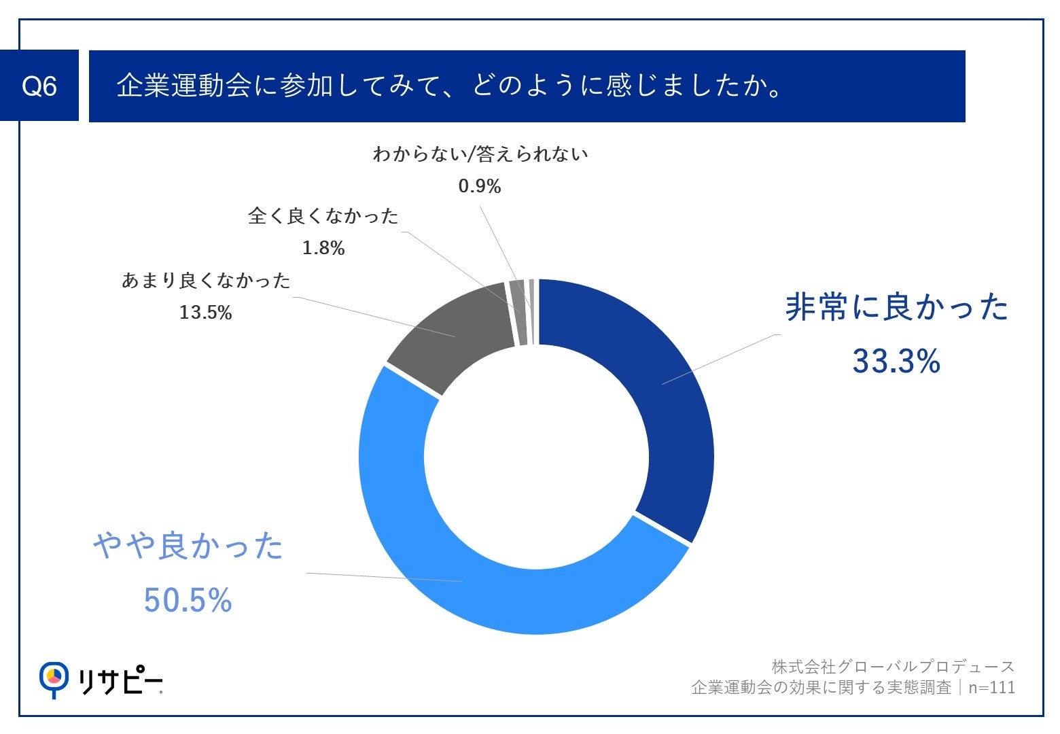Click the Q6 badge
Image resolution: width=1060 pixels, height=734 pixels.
[x=39, y=86]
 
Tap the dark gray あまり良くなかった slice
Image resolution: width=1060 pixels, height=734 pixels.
[x=455, y=333]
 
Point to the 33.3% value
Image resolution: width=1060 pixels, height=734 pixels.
[x=896, y=361]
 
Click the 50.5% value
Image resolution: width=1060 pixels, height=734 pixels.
[x=188, y=600]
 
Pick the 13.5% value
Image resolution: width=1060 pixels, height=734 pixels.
[x=205, y=313]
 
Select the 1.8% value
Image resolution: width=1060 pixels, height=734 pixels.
[x=323, y=248]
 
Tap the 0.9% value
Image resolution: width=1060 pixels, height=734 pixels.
[x=480, y=186]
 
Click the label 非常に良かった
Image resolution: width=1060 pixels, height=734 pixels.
[x=896, y=307]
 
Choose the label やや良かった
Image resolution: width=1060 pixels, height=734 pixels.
[x=188, y=546]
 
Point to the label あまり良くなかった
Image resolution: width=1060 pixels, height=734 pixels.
[x=206, y=281]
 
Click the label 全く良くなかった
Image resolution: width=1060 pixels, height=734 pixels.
[x=323, y=216]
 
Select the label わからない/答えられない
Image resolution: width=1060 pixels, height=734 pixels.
[x=480, y=154]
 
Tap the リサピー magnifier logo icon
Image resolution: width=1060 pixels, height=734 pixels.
[x=54, y=678]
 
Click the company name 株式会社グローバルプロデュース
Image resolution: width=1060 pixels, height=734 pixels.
[x=893, y=667]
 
